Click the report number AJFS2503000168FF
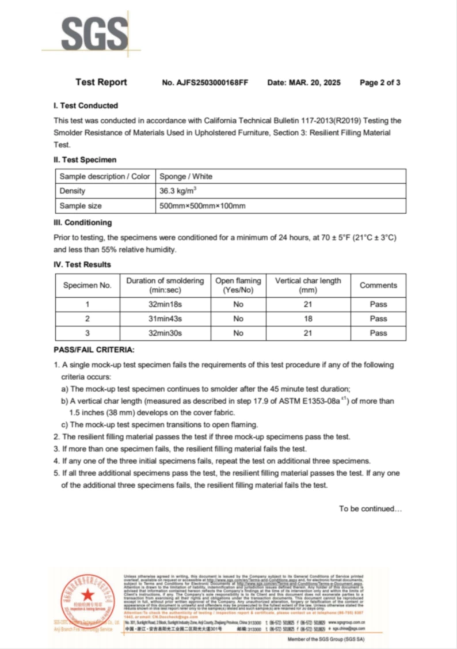coord(205,82)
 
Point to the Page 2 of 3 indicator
coord(380,82)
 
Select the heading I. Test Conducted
coord(86,106)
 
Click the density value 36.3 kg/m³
coord(178,191)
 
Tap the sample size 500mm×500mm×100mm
coord(203,206)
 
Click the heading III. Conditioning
coord(83,222)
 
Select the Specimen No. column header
coord(87,285)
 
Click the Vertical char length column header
coord(308,285)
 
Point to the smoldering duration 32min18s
coord(165,304)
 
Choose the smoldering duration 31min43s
coord(165,318)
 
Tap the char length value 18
coord(308,318)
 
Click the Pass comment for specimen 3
coord(378,333)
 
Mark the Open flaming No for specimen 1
coord(238,304)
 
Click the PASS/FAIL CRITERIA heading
coord(94,350)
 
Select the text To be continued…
coord(370,508)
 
